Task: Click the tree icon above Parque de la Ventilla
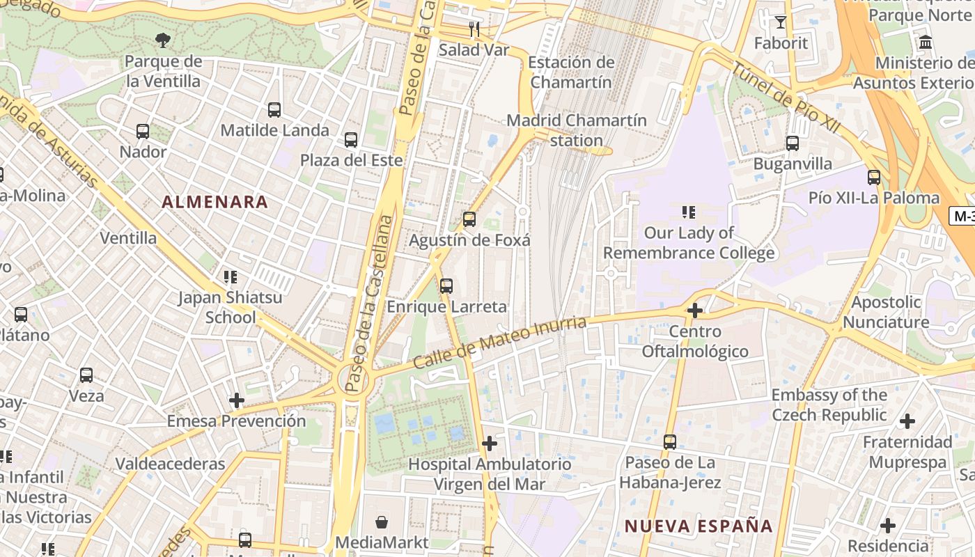163,40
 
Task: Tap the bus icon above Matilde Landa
274,109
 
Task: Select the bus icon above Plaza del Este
351,140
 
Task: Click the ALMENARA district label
214,202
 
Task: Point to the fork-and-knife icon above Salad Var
474,29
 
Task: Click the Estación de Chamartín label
571,72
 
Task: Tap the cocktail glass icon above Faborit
781,22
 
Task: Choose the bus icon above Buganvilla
793,143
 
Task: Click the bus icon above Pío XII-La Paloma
874,178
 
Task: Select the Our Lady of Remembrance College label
689,242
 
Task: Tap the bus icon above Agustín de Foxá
469,220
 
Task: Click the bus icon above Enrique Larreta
446,286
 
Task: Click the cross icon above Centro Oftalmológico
694,311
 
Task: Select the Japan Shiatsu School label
230,307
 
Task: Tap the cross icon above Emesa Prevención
237,400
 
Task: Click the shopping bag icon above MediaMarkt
382,521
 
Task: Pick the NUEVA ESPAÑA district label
699,526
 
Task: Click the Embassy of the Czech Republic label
829,405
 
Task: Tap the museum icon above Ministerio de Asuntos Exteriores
926,42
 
